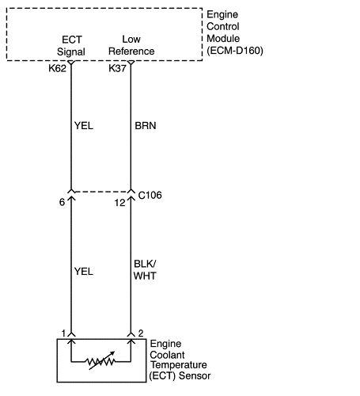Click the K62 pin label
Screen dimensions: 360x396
coord(57,68)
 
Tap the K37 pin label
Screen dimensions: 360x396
coord(117,68)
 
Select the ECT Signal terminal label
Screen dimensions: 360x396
coord(71,46)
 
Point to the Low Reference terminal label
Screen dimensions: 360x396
coord(131,45)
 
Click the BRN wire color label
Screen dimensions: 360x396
coord(146,126)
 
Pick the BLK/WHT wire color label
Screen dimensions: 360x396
coord(145,270)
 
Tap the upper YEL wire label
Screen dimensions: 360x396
coord(84,126)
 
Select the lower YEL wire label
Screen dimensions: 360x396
coord(84,272)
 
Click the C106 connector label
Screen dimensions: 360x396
coord(150,196)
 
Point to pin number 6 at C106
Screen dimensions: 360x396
coord(62,202)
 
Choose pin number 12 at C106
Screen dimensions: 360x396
coord(119,203)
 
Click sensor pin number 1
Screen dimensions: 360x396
coord(63,333)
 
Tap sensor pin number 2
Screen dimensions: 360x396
coord(141,333)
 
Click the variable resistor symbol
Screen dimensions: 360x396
coord(100,361)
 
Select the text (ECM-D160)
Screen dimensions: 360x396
coord(235,51)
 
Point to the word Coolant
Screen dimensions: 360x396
coord(167,355)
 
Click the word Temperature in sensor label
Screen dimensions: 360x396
coord(179,365)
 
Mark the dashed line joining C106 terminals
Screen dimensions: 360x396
coord(100,192)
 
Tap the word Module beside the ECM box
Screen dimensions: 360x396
coord(223,39)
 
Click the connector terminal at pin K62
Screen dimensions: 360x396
coord(71,63)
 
